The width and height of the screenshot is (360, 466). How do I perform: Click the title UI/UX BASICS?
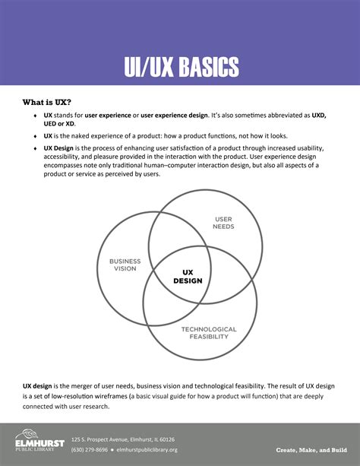pos(181,67)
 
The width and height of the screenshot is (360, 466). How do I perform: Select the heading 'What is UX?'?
pos(48,102)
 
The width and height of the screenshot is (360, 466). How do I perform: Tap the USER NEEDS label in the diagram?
pos(223,223)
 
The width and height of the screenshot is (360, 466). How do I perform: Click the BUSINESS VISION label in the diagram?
pos(125,265)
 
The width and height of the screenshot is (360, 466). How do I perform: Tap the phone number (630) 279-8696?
pos(90,449)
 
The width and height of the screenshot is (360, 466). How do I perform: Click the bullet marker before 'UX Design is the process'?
pos(35,147)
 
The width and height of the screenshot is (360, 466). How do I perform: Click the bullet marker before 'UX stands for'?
pos(35,116)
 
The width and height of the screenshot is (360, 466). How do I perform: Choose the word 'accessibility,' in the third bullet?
pos(67,156)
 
